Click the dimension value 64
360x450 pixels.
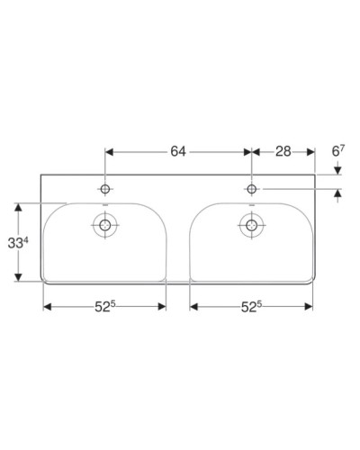click(177, 151)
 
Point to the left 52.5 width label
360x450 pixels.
click(105, 307)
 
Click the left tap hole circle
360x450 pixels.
click(106, 189)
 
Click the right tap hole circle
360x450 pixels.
click(251, 189)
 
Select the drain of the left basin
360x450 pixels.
click(106, 225)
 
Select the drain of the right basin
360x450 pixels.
click(251, 225)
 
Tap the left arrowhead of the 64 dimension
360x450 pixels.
click(111, 152)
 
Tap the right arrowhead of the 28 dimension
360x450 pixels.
click(311, 152)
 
